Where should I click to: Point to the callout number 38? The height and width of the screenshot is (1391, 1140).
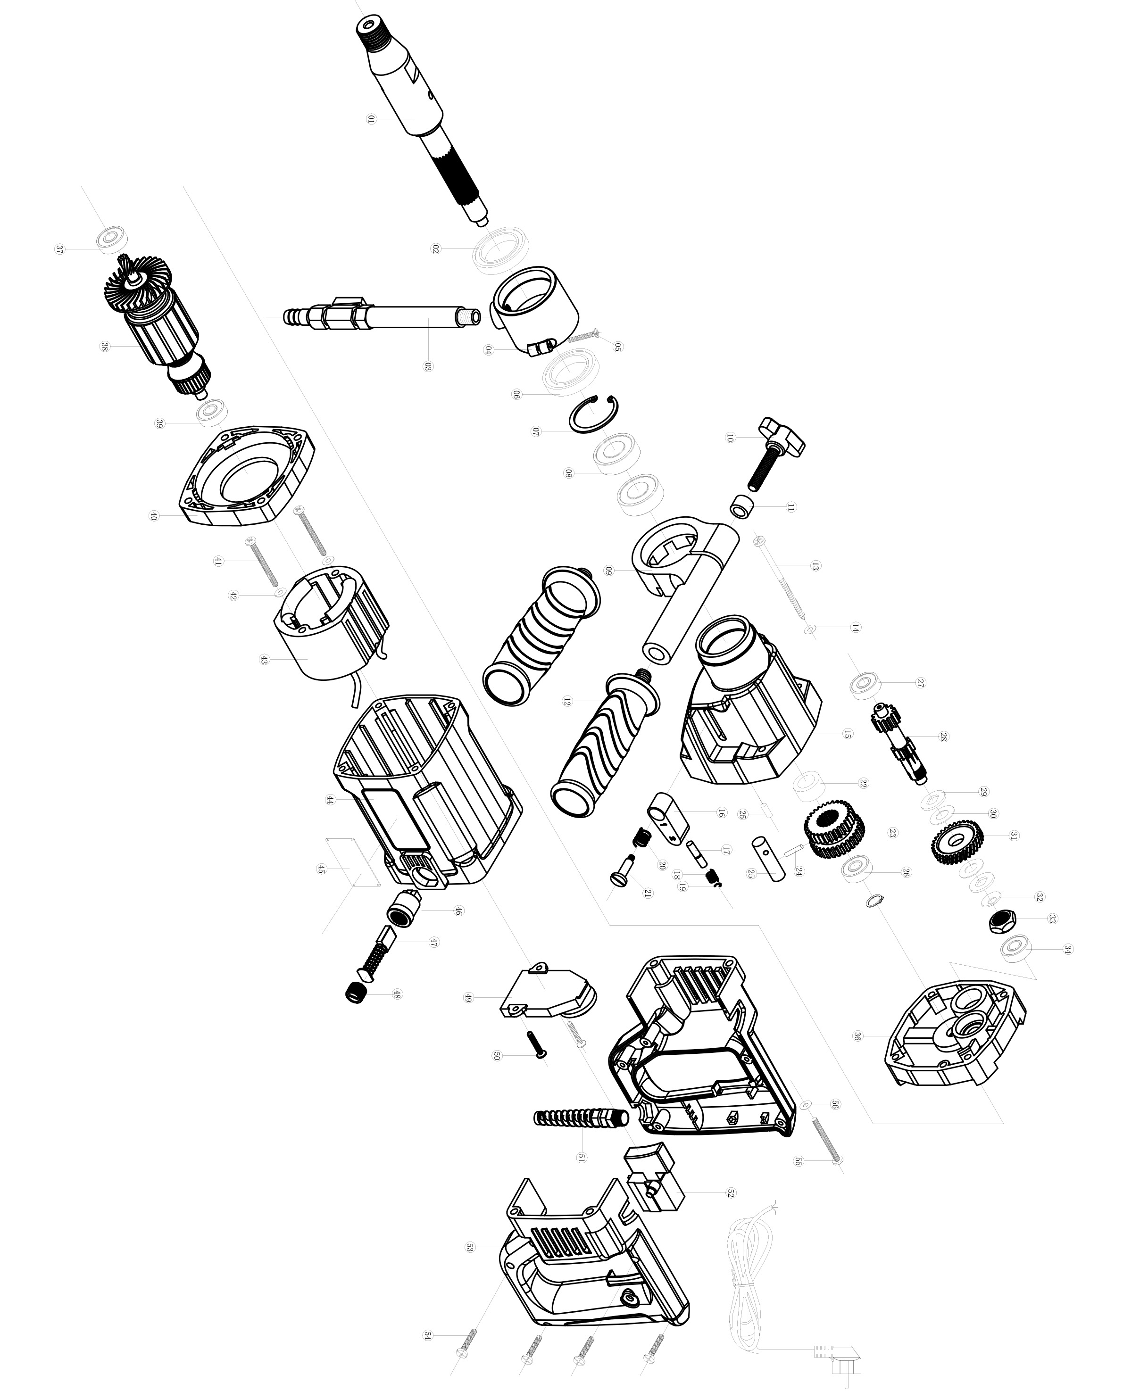pyautogui.click(x=104, y=346)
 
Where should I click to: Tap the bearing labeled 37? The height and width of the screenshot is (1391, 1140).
pyautogui.click(x=112, y=240)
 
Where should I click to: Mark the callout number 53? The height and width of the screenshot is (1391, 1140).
pyautogui.click(x=469, y=1247)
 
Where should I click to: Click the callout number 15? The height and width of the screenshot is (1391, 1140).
pyautogui.click(x=848, y=734)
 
